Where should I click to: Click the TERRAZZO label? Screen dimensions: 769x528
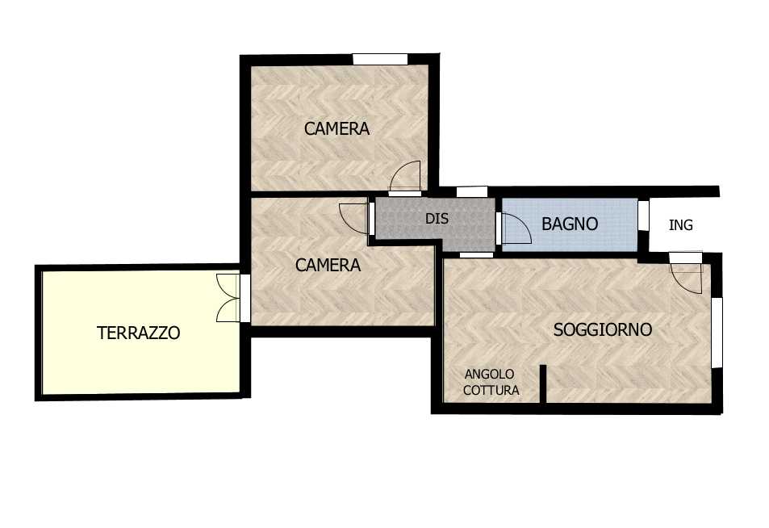coord(138,333)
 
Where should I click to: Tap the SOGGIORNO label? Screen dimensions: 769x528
coord(603,329)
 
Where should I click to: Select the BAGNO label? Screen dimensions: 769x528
coord(570,224)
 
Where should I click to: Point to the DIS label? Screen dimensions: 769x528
coord(437,219)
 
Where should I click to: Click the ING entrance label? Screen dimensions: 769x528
coord(681,225)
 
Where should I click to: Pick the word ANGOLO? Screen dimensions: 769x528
coord(490,375)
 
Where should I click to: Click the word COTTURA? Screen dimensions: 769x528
coord(491,391)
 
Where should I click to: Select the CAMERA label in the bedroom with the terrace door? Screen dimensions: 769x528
coord(328,266)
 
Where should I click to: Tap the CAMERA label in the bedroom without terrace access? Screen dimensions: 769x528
coord(337,129)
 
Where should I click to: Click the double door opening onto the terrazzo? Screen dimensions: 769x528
coord(229,298)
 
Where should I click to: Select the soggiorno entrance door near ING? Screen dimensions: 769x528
coord(687,274)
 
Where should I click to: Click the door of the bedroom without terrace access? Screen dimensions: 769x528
coord(405,177)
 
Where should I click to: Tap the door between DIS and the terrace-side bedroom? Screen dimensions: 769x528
coord(354,218)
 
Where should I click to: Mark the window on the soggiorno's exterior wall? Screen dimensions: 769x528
coord(717,333)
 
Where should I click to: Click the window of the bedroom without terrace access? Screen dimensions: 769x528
coord(380,59)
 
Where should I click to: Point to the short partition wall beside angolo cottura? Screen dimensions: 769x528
coord(542,383)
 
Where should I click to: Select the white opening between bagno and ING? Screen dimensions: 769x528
coord(643,215)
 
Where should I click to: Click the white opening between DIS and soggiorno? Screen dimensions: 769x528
coord(476,255)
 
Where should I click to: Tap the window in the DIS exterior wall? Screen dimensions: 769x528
coord(472,192)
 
